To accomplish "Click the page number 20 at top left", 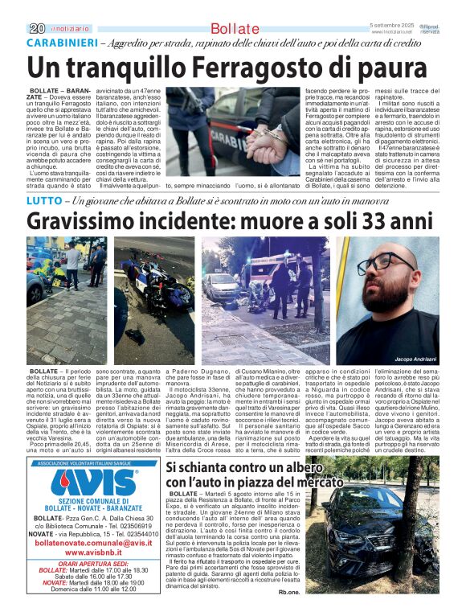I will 37,28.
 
